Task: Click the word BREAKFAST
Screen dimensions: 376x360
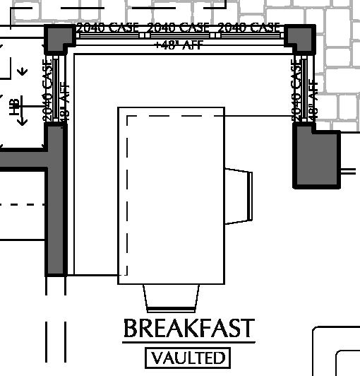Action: [188, 329]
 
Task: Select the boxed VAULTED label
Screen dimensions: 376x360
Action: [188, 358]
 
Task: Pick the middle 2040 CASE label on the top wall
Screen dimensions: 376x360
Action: [179, 28]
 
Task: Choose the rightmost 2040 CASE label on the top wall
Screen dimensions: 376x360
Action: [249, 28]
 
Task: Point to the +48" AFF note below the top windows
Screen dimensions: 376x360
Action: [179, 44]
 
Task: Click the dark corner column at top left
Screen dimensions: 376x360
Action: [59, 40]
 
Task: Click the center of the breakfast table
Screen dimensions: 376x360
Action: [171, 196]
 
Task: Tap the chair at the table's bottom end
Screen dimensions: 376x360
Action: [172, 297]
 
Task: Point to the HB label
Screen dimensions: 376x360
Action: [13, 107]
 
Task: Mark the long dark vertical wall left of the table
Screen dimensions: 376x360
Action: [56, 201]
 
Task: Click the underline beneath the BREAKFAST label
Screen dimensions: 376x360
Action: [188, 342]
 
